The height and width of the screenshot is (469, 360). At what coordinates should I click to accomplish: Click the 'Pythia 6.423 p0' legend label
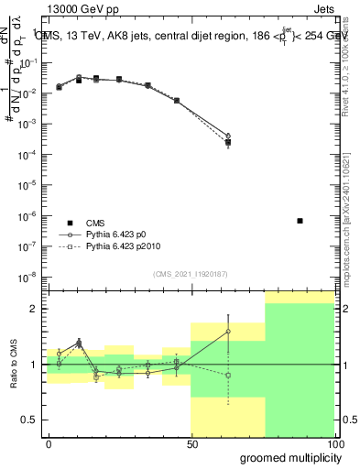[122, 234]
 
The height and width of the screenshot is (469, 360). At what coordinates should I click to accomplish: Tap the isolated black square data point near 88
[300, 221]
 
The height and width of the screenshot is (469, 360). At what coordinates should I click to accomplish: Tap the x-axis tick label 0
[48, 442]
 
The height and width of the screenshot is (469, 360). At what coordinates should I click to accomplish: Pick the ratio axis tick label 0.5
[32, 420]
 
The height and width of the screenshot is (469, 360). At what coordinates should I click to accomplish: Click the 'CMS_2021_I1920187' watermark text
[190, 273]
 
